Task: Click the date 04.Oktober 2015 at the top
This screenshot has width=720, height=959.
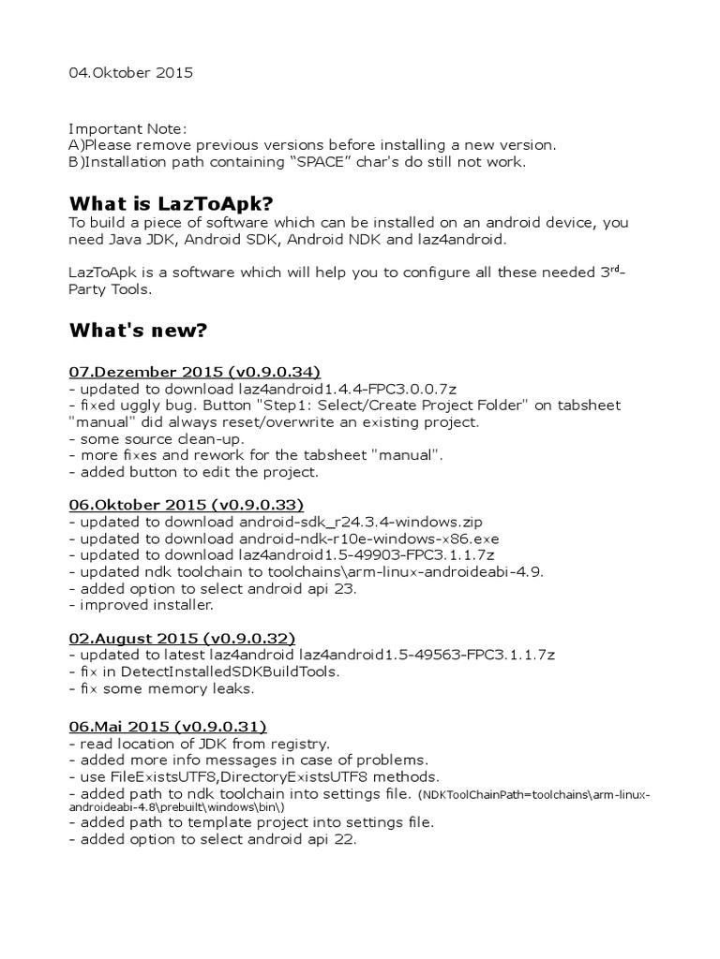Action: click(131, 73)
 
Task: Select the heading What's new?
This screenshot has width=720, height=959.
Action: click(138, 332)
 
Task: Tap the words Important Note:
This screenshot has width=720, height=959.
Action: click(127, 127)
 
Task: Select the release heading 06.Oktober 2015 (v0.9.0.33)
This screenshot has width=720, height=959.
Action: click(186, 504)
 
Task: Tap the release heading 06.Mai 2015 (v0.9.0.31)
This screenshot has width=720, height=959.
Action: click(168, 726)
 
